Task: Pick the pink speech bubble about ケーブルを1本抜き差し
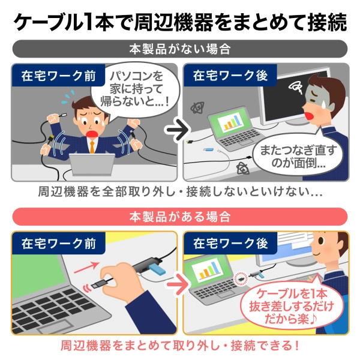[287, 305]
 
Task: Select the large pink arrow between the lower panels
[175, 279]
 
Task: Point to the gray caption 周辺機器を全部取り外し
[180, 194]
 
